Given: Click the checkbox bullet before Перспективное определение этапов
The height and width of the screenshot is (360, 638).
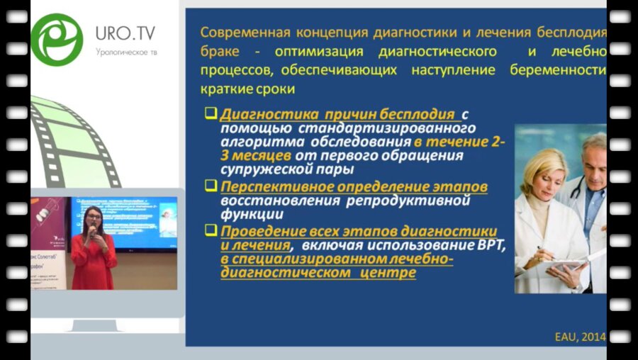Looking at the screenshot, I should pos(211,186).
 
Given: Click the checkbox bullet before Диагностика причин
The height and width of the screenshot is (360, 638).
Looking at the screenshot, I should pos(211,114).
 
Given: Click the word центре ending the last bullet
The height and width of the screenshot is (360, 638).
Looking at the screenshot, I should pos(388,273).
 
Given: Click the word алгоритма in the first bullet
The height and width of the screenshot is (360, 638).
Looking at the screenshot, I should pos(255,140).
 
